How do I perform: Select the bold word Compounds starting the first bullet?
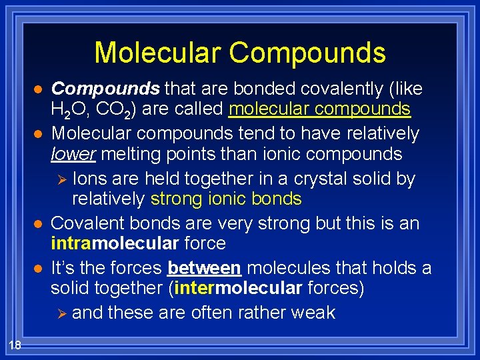point(105,89)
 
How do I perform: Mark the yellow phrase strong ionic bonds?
point(226,199)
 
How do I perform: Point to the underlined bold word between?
point(203,268)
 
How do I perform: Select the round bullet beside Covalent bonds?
point(39,223)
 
